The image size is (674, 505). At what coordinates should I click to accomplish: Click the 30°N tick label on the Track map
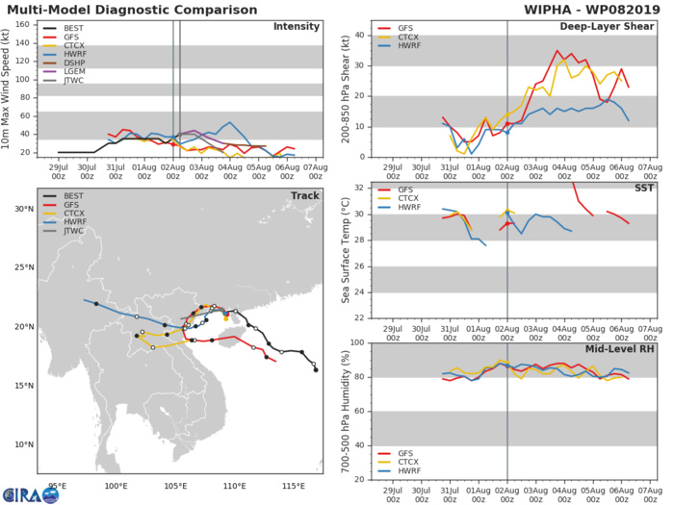[x=23, y=207]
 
